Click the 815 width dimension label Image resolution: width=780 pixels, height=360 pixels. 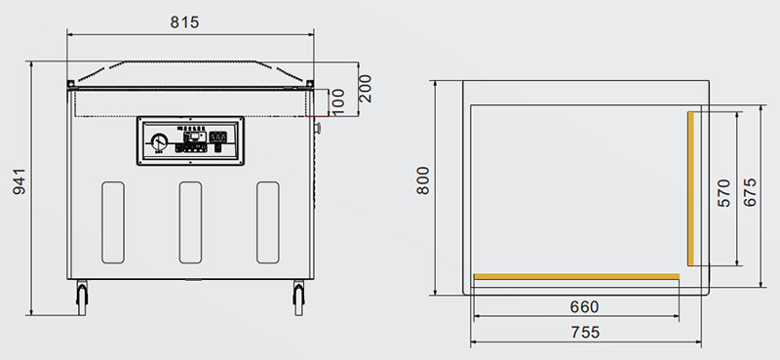184,21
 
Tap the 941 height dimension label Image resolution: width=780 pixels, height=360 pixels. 19,181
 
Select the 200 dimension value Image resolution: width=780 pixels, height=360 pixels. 365,89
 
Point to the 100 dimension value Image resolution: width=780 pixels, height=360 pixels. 337,102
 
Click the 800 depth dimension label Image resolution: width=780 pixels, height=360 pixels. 423,180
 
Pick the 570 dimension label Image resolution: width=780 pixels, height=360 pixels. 723,193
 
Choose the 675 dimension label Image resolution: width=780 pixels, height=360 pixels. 750,192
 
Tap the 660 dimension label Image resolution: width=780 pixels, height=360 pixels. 584,306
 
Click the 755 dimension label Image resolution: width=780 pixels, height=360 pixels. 586,332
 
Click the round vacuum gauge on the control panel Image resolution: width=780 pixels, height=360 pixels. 159,141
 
